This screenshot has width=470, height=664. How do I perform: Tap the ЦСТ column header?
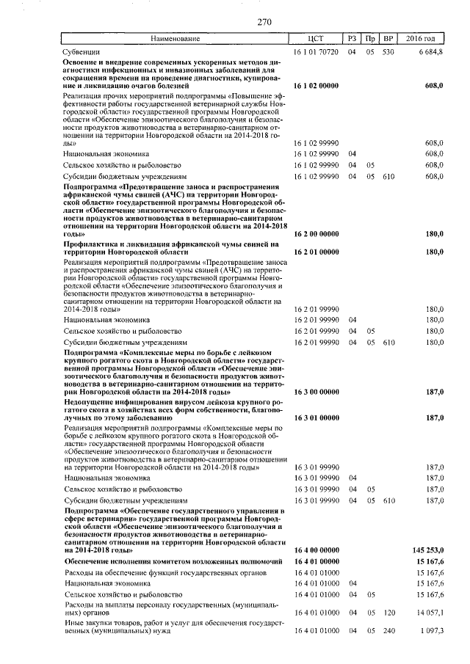[316, 38]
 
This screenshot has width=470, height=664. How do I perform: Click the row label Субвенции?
[81, 52]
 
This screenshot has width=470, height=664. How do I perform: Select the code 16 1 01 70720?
[316, 52]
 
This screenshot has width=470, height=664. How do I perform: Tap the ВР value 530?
[388, 52]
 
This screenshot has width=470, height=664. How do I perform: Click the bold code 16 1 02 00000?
[316, 87]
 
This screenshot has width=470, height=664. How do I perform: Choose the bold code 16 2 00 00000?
[316, 233]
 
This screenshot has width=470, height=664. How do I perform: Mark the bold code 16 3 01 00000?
[316, 417]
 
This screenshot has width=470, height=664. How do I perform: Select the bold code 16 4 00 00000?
[316, 549]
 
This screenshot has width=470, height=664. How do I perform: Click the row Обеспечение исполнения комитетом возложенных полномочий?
[173, 561]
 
